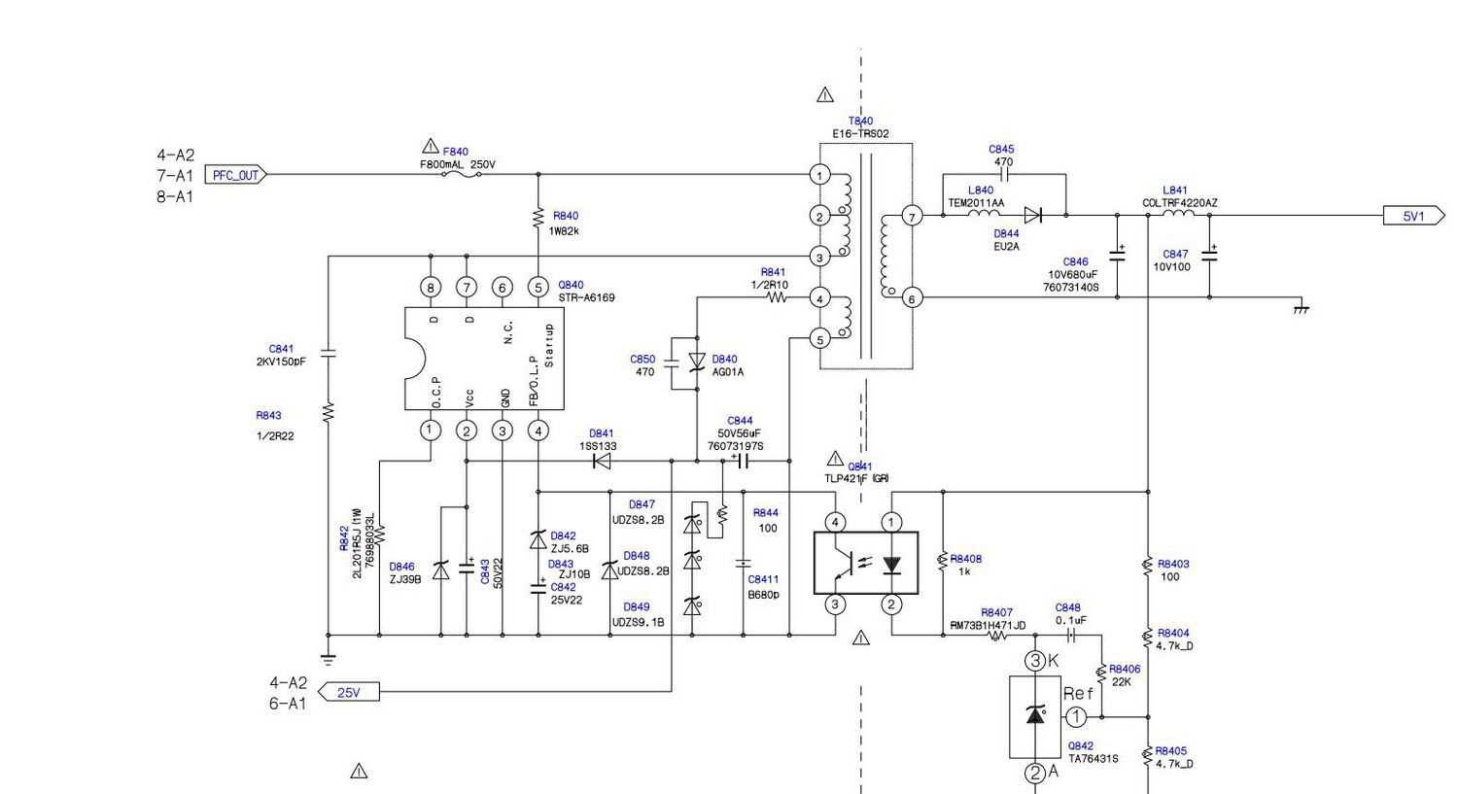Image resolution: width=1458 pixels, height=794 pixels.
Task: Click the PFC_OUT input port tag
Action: (x=236, y=175)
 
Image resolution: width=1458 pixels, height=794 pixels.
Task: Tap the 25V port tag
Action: (x=348, y=692)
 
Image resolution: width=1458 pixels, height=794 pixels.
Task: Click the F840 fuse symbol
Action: (x=457, y=175)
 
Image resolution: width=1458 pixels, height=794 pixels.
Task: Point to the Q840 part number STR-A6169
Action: (x=586, y=297)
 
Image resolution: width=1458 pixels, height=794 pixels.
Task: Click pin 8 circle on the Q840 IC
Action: (x=431, y=287)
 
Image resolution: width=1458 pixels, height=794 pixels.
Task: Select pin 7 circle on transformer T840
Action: (x=912, y=216)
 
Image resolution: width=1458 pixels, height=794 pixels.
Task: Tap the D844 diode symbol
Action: (x=1033, y=215)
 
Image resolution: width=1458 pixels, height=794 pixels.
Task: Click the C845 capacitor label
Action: (x=1001, y=150)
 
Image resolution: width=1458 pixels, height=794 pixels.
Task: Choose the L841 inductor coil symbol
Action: (x=1178, y=214)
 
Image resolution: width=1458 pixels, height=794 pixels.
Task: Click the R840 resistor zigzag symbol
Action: (x=538, y=218)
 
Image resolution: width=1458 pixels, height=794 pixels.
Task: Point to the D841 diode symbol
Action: (x=602, y=461)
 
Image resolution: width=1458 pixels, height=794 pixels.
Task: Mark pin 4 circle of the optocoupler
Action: (x=835, y=523)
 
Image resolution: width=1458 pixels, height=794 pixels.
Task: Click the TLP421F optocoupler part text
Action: (x=856, y=478)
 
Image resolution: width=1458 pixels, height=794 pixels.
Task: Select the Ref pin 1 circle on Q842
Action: (x=1076, y=717)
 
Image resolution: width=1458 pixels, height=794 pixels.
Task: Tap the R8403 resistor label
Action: (x=1173, y=564)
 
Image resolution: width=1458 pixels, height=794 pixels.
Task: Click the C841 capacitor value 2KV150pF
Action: (x=274, y=362)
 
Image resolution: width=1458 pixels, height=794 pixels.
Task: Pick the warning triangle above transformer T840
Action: (x=825, y=95)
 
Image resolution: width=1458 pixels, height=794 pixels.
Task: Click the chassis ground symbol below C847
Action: (x=1302, y=308)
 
